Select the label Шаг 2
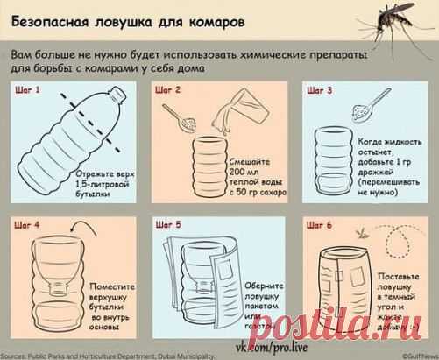[168, 90]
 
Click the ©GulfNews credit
[415, 355]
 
